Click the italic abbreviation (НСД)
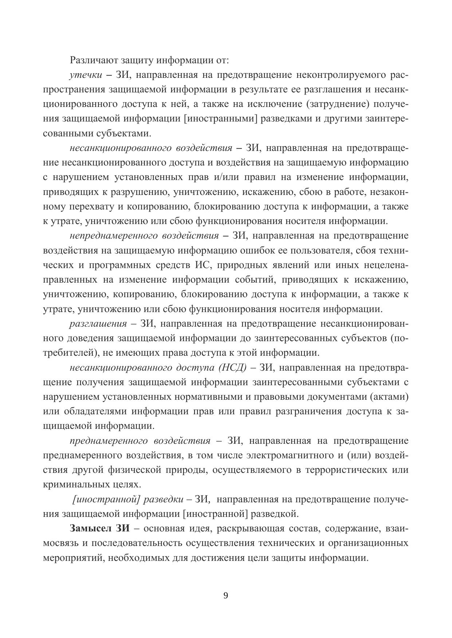tap(233, 368)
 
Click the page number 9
tap(225, 595)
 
